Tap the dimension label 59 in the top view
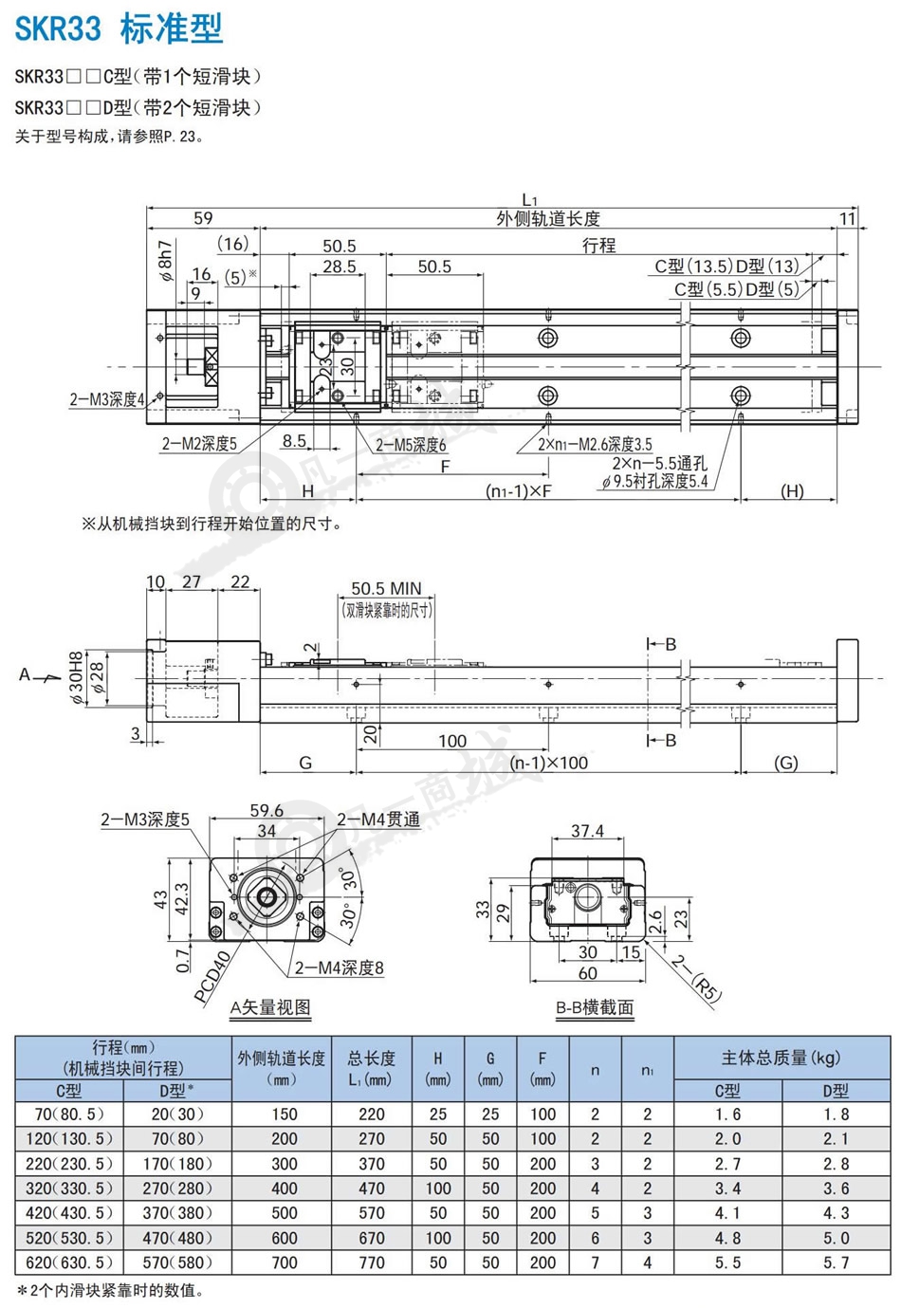(203, 218)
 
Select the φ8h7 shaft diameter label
(166, 261)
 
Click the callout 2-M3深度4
(107, 399)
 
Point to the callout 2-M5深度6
(411, 446)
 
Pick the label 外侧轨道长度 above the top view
(548, 219)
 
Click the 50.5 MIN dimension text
(386, 588)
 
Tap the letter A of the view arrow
(24, 675)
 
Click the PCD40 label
(212, 977)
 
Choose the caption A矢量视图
(270, 1007)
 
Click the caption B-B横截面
(595, 1007)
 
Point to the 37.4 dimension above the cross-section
(587, 831)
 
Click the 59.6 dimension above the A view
(267, 810)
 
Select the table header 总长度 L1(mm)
(372, 1069)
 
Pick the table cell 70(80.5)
(69, 1115)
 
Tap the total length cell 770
(372, 1262)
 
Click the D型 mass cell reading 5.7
(836, 1262)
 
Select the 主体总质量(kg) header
(781, 1058)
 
